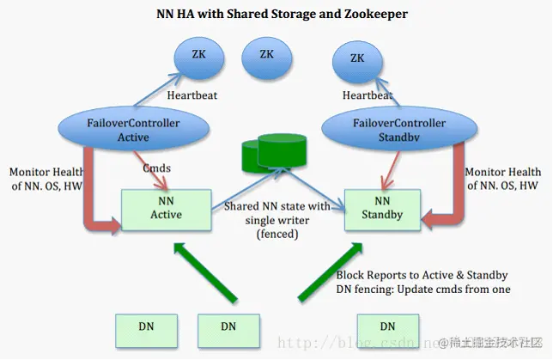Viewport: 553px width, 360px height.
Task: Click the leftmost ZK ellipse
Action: pos(199,54)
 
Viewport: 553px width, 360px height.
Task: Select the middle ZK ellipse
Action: pos(266,54)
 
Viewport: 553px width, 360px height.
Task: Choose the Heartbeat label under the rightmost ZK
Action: pos(368,95)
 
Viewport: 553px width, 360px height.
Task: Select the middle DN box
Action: pos(228,326)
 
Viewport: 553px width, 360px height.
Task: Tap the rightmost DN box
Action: pos(387,326)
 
